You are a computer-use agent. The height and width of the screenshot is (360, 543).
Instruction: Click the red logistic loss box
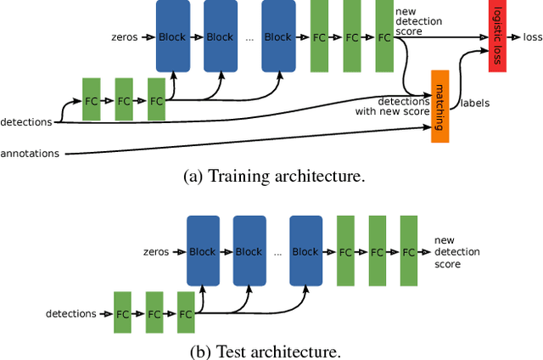[497, 37]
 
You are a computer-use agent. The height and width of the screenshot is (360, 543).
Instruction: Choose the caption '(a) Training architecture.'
[273, 177]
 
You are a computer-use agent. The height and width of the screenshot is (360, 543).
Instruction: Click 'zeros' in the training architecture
[124, 37]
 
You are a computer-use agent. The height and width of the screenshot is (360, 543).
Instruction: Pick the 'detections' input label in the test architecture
[70, 313]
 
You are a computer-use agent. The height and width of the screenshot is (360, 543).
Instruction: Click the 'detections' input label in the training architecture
[26, 122]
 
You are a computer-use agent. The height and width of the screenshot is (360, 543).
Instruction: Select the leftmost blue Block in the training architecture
[172, 37]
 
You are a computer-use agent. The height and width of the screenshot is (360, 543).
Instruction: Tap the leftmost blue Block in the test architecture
[203, 251]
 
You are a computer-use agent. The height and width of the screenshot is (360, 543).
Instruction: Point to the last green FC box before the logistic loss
[384, 37]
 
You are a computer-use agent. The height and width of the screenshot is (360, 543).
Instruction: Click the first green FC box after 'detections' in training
[92, 100]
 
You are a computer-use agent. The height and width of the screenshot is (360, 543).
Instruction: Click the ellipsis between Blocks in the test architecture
[277, 252]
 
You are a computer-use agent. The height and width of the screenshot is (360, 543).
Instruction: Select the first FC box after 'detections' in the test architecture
[123, 313]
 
